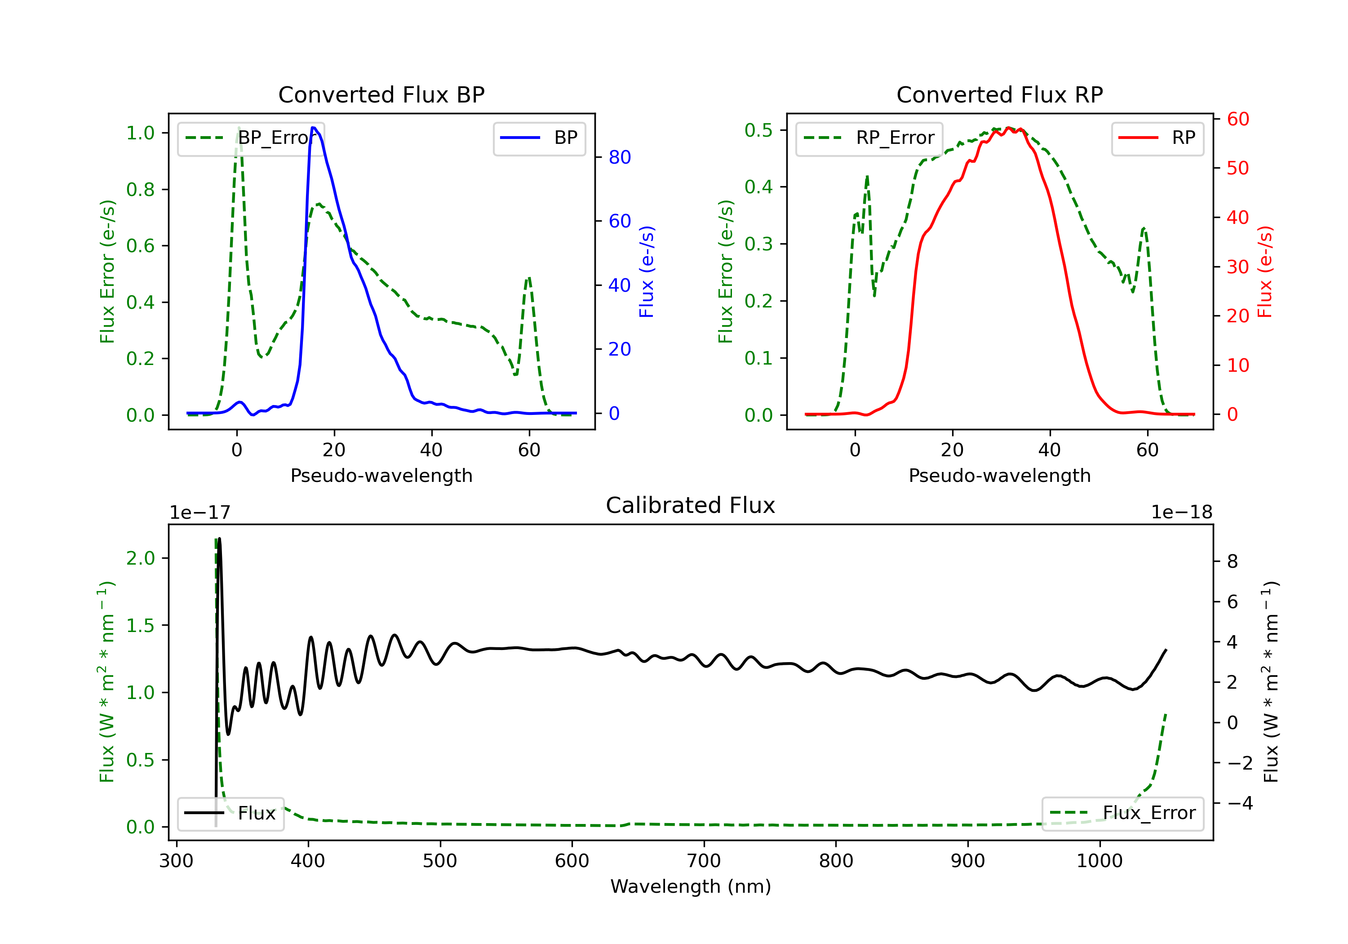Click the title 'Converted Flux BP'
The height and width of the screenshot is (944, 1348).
click(x=381, y=94)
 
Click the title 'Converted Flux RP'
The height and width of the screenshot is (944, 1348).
click(x=999, y=94)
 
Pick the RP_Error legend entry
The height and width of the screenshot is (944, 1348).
click(x=869, y=138)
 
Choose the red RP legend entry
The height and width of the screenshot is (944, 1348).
click(x=1157, y=138)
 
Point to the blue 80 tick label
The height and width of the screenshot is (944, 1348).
click(x=619, y=157)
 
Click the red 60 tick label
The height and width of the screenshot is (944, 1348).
click(x=1237, y=119)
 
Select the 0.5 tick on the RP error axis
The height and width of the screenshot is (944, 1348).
click(x=758, y=130)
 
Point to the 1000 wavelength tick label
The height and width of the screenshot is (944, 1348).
click(x=1099, y=861)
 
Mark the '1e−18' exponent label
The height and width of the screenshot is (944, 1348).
click(x=1181, y=512)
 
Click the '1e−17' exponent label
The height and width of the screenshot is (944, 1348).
click(x=200, y=512)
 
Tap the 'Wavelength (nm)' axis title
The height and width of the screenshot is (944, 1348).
click(x=691, y=886)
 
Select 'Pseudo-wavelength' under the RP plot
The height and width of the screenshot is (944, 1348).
click(x=999, y=476)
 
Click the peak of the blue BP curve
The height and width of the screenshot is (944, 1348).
click(x=314, y=128)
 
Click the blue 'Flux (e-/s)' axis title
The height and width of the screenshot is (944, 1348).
click(x=647, y=272)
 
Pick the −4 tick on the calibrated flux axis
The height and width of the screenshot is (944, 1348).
click(x=1240, y=803)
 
